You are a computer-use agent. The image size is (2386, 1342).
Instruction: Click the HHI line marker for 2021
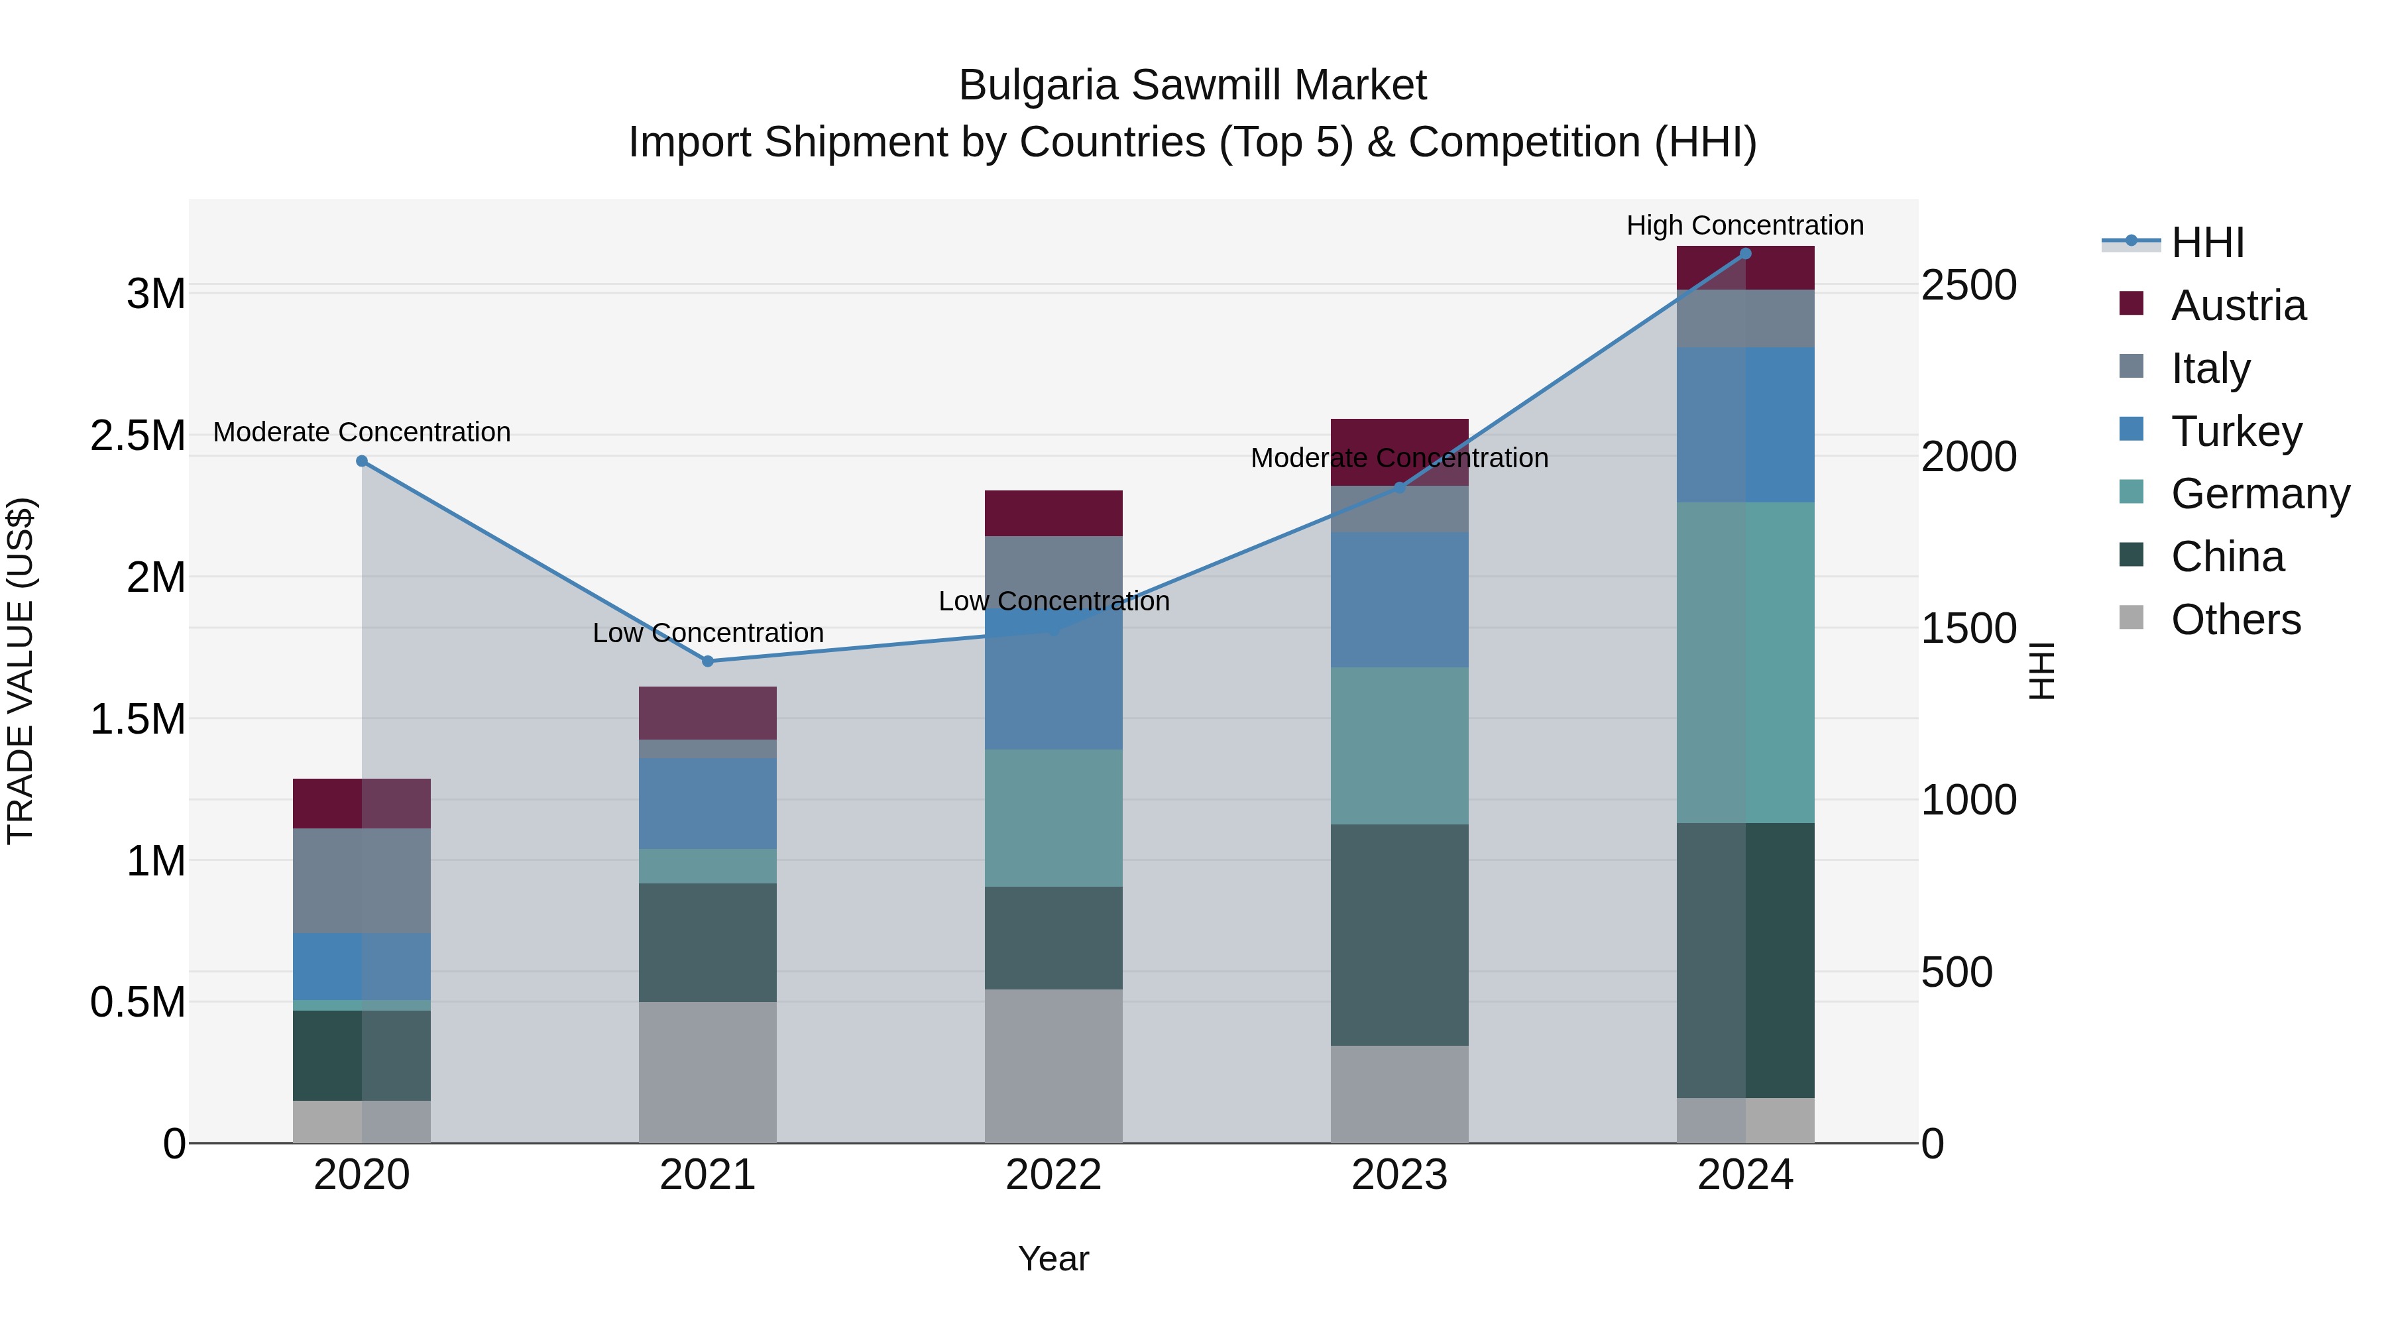(708, 661)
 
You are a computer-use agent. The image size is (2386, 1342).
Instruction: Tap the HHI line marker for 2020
(362, 461)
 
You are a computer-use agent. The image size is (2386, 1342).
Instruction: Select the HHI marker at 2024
(1745, 254)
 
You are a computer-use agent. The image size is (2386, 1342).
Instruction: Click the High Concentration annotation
(1745, 226)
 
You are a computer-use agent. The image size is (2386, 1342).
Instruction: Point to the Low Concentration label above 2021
(708, 634)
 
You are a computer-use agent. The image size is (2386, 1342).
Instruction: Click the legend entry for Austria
(2238, 306)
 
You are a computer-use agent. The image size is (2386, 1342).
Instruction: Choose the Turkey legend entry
(2236, 431)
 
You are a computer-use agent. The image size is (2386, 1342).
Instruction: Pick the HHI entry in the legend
(2207, 243)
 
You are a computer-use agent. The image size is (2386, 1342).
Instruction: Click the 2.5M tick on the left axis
(138, 436)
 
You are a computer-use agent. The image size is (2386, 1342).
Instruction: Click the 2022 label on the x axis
(1053, 1175)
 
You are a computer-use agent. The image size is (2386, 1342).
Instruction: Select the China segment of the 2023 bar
(1400, 935)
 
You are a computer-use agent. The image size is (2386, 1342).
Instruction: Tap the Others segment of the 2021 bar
(708, 1072)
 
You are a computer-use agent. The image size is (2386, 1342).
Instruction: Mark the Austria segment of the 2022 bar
(1053, 513)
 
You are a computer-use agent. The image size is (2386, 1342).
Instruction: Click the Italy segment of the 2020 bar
(362, 880)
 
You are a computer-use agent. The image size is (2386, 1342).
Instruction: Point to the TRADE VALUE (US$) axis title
(21, 671)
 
